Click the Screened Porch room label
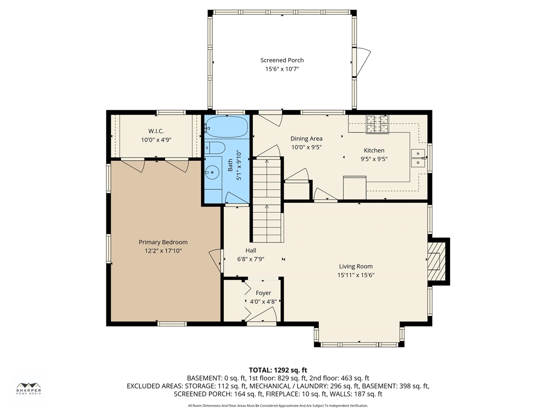[282, 60]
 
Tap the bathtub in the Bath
[226, 126]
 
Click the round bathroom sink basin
[212, 172]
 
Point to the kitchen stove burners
[377, 124]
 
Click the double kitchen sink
[418, 158]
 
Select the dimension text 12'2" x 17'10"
[163, 251]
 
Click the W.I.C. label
[156, 131]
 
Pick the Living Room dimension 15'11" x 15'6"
[356, 275]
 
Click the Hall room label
[251, 250]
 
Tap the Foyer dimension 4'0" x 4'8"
[263, 301]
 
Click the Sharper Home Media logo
[29, 389]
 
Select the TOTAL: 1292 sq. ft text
[278, 370]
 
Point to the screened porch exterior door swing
[362, 62]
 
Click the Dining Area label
[307, 139]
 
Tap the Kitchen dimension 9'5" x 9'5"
[374, 159]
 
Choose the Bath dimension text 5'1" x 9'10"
[238, 166]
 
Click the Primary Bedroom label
[163, 242]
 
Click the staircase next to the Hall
[267, 200]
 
